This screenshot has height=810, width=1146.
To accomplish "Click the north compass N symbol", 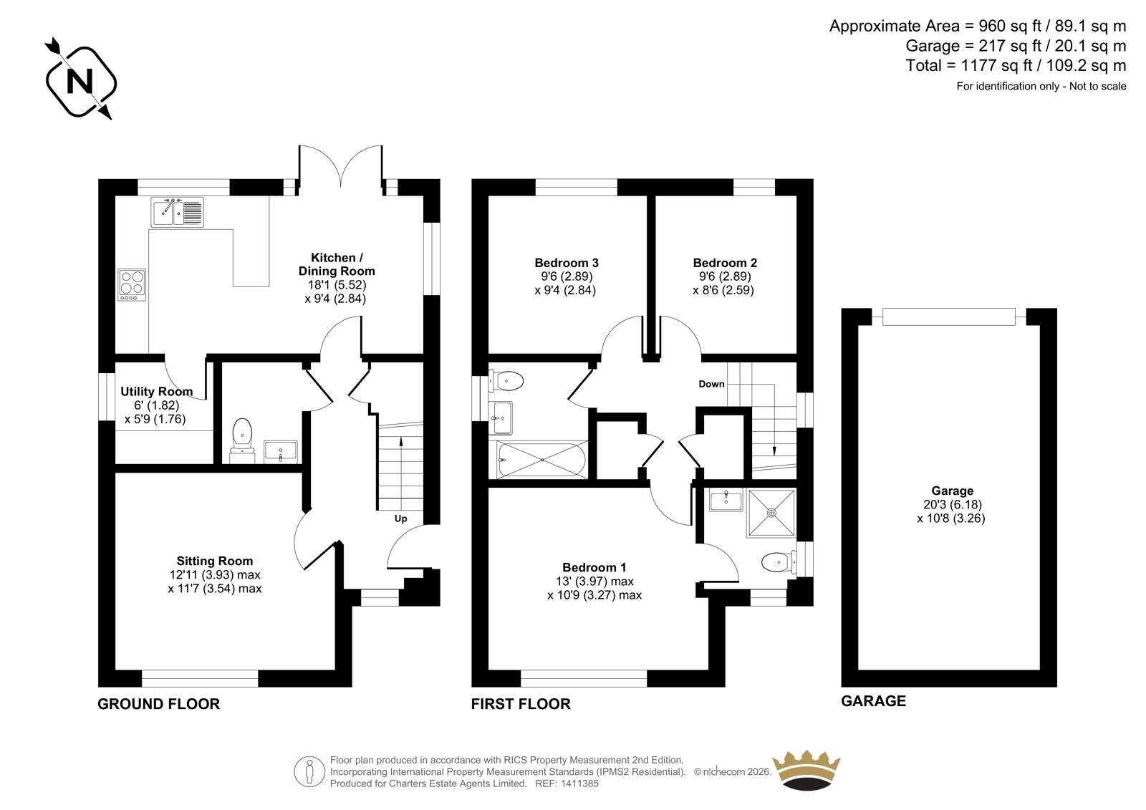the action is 80,79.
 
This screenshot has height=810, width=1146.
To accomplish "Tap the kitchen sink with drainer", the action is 177,212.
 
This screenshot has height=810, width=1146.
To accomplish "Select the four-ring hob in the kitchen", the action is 132,285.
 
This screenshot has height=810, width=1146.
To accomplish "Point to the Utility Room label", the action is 157,392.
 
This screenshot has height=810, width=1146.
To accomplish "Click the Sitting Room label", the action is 215,561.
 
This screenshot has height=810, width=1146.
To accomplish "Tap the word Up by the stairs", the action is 400,519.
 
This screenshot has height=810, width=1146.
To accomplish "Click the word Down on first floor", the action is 711,384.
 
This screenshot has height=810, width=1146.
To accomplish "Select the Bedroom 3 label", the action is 567,263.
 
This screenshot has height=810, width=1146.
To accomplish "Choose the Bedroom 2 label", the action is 725,263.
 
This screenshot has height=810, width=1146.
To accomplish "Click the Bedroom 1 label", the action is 594,567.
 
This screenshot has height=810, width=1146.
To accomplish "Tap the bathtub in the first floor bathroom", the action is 542,460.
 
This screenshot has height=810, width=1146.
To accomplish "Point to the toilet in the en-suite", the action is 779,562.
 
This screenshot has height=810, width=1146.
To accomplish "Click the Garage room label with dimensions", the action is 952,504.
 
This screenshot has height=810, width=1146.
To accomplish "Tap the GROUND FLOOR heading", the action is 158,704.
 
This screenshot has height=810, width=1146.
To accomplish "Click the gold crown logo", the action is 806,771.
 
